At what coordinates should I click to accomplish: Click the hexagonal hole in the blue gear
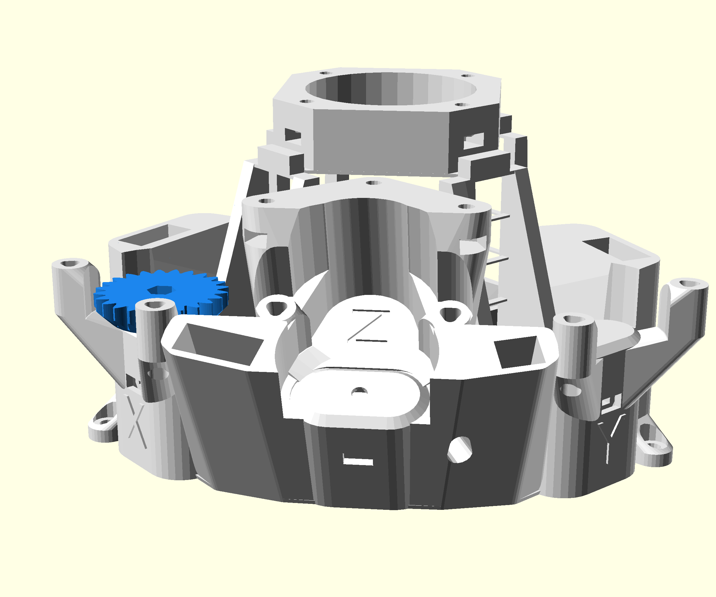click(x=160, y=290)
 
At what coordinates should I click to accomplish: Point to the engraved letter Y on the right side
click(x=610, y=437)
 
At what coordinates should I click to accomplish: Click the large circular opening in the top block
click(x=391, y=89)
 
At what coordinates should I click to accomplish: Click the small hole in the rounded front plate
click(x=359, y=391)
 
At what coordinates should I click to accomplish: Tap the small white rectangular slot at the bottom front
click(x=358, y=461)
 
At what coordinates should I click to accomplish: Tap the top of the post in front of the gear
click(x=155, y=304)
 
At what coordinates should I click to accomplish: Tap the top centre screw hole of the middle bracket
click(x=373, y=183)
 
